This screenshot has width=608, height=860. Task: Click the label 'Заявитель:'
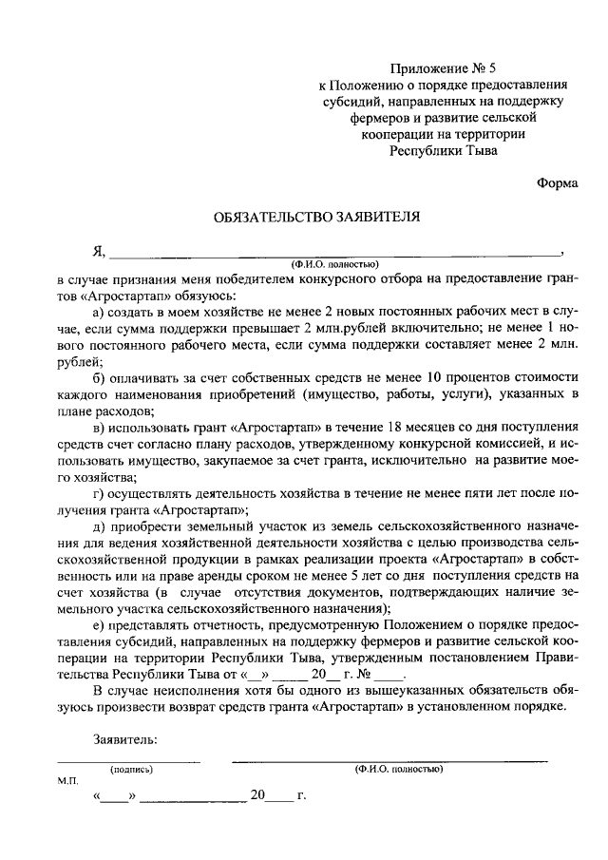[124, 739]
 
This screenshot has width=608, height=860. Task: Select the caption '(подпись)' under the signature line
[131, 768]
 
